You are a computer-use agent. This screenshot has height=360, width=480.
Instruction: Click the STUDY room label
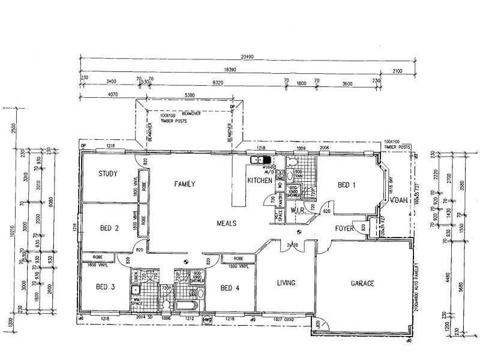tap(107, 174)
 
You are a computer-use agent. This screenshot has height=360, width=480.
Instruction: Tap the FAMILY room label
tap(185, 184)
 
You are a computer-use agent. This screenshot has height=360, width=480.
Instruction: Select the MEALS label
tap(226, 223)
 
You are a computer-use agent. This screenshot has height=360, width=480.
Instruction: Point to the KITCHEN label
tap(260, 180)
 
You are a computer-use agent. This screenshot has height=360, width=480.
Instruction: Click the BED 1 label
tap(347, 185)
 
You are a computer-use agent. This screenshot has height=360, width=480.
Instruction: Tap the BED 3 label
tap(106, 287)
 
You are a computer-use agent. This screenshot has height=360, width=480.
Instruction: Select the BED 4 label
tap(230, 288)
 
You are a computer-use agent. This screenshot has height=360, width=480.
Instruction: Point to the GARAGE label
tap(362, 283)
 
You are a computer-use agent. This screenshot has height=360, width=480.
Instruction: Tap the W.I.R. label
tap(298, 211)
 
